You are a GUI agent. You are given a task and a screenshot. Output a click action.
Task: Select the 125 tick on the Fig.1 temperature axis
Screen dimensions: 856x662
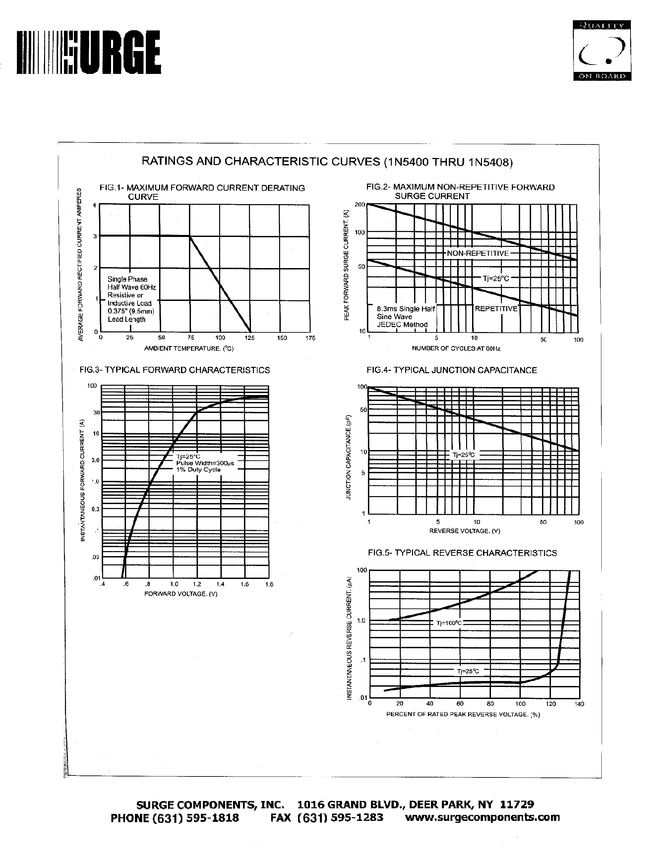pos(250,338)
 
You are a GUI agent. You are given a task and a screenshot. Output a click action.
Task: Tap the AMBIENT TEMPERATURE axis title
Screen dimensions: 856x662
pos(189,348)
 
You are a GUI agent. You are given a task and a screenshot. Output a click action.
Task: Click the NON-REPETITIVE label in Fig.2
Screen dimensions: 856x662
pos(478,253)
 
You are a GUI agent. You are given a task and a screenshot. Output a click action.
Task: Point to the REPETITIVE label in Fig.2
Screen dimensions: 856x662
pos(496,309)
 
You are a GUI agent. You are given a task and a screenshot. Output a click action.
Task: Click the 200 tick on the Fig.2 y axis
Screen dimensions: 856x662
pos(359,204)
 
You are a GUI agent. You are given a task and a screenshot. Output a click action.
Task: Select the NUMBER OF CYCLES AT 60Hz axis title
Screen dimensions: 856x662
pos(456,348)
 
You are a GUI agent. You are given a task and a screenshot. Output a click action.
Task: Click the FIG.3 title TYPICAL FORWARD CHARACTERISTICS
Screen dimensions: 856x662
pos(174,370)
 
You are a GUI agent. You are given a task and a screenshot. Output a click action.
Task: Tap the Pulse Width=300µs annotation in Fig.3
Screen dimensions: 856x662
pos(205,463)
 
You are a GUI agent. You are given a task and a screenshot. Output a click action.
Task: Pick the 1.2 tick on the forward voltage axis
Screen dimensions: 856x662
pos(197,584)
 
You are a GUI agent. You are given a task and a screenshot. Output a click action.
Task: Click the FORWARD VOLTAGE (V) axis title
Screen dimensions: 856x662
pos(181,594)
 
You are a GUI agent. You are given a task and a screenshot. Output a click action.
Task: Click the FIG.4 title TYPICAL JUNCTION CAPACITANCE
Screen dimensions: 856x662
pos(451,370)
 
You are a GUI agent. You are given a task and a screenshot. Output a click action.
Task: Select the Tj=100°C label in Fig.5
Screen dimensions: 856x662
pos(449,623)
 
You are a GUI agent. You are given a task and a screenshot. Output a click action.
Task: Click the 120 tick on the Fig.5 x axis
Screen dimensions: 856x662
pos(551,704)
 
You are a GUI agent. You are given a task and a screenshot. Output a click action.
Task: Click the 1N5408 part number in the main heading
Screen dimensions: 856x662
pos(490,162)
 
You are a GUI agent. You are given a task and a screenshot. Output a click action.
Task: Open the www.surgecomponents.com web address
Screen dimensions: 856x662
pos(482,817)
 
